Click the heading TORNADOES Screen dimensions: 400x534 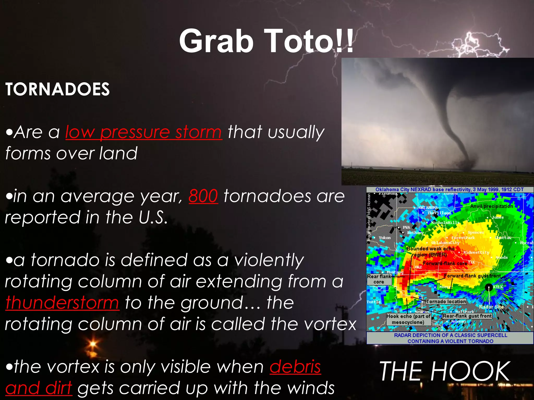(x=57, y=89)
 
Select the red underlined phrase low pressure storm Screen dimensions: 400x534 (x=144, y=132)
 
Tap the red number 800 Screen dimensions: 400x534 (x=203, y=196)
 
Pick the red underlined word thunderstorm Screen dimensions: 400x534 (x=62, y=303)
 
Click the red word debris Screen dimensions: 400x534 (x=295, y=367)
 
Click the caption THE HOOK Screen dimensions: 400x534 (x=444, y=371)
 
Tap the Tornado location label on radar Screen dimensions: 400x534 (x=446, y=301)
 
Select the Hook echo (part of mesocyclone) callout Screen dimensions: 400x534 (x=408, y=319)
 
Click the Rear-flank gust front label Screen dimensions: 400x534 (x=467, y=316)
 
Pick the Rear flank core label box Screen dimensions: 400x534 (x=379, y=279)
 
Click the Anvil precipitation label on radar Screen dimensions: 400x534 (x=491, y=206)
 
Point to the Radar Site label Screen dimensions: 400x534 (x=491, y=307)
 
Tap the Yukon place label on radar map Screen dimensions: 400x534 (x=385, y=238)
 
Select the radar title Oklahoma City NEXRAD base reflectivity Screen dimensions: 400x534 (x=449, y=190)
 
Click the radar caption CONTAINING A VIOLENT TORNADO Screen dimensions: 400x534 (x=450, y=341)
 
